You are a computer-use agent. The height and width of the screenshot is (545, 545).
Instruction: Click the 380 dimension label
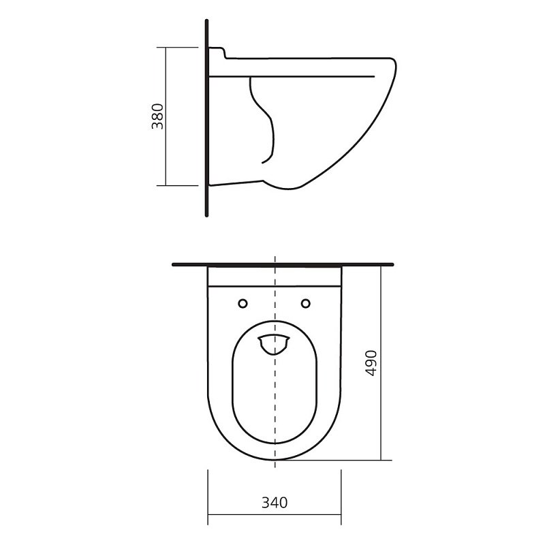157,116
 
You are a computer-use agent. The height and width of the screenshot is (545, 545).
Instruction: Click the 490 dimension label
371,363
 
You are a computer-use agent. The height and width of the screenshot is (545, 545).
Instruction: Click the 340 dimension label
275,503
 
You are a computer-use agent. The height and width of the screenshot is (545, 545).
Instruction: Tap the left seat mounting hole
243,303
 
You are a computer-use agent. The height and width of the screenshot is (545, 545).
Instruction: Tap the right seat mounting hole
305,303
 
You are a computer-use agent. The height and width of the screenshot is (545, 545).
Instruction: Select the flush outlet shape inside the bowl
274,345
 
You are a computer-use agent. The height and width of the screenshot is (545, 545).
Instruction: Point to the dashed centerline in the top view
275,362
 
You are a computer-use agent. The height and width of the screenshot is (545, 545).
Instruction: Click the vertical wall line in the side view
207,118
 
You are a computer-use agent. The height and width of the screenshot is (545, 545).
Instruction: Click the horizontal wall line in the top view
283,264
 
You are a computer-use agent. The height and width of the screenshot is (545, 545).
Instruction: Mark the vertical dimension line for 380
166,116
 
